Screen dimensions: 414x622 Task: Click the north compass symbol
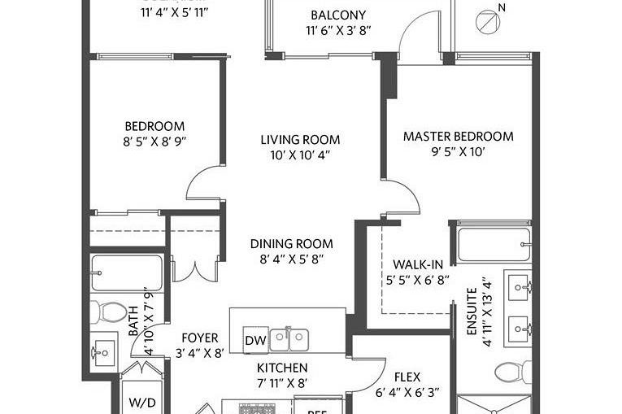click(x=486, y=21)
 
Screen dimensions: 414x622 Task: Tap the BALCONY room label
click(x=338, y=15)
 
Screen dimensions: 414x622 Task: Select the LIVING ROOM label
click(x=294, y=140)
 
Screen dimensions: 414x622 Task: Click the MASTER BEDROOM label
click(x=458, y=137)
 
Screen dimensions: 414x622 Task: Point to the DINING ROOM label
click(x=291, y=244)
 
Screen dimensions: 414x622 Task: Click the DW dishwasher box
click(x=255, y=340)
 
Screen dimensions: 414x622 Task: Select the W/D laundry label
click(x=139, y=403)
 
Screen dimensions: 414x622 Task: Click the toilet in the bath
click(x=105, y=312)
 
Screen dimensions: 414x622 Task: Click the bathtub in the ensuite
click(x=494, y=243)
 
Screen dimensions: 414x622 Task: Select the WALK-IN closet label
click(x=417, y=265)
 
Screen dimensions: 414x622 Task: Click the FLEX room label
click(x=407, y=377)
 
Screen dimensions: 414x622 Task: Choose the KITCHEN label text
click(x=282, y=368)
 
